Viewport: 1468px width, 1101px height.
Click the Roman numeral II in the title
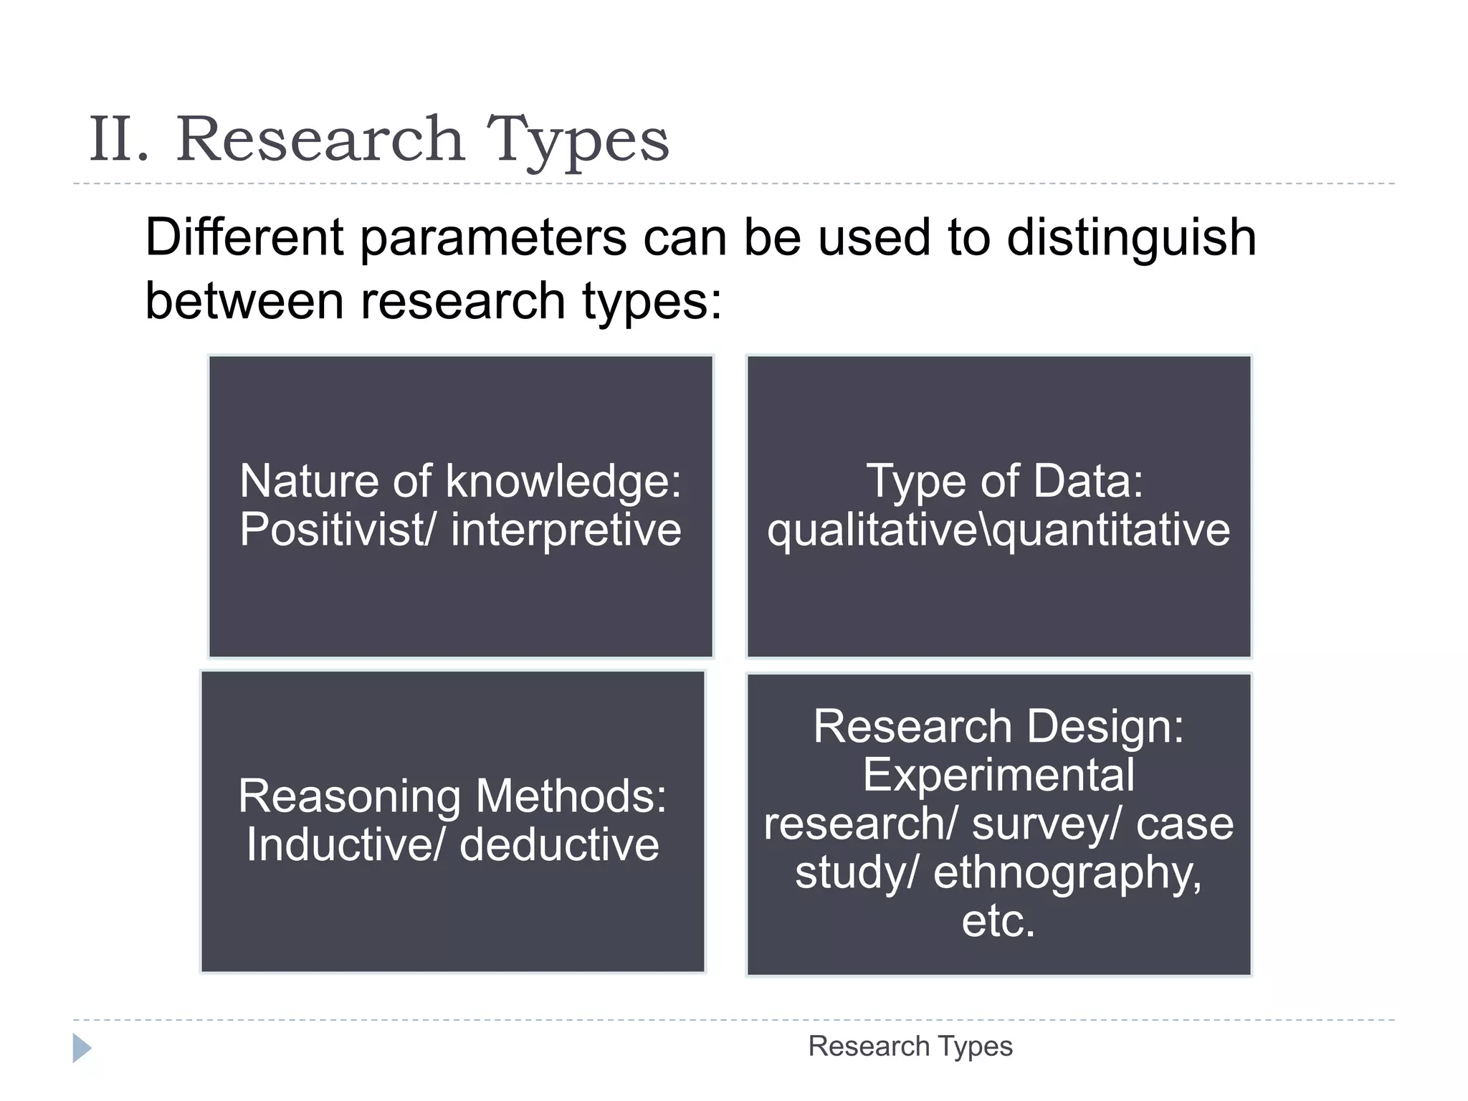119,140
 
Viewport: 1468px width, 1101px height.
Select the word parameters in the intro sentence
493,239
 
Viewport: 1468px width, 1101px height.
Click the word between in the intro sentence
244,300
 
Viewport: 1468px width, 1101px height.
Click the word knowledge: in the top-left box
563,481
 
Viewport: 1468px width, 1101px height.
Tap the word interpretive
566,530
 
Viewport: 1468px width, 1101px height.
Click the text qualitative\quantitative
998,530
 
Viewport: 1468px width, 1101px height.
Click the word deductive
559,845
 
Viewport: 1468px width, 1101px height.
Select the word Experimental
998,775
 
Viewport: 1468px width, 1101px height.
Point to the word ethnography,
1067,873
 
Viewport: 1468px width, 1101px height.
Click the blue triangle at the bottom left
82,1048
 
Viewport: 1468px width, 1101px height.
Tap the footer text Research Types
910,1047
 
